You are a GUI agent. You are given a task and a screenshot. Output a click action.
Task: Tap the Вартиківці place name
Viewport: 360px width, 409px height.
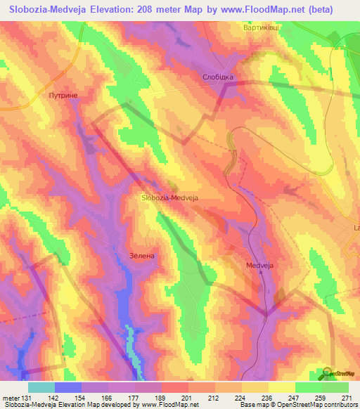(x=261, y=29)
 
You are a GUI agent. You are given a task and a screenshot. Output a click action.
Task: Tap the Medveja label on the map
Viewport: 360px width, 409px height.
(x=259, y=266)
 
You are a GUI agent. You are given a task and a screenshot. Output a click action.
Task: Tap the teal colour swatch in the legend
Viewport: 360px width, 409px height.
(x=41, y=387)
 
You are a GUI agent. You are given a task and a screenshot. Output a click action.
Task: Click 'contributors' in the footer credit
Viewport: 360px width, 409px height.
(x=338, y=404)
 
